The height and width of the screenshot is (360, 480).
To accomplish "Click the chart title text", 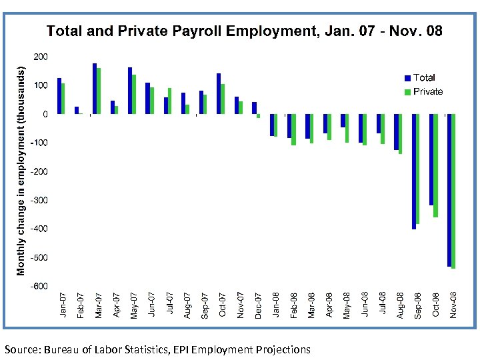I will [244, 31].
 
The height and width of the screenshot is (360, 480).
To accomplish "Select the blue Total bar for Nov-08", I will [450, 190].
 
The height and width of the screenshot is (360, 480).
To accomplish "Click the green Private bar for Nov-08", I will [454, 191].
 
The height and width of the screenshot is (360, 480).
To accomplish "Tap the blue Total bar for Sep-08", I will [414, 171].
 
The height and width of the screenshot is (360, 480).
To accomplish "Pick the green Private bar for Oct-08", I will [436, 165].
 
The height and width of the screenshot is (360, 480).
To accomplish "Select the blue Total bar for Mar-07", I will [95, 89].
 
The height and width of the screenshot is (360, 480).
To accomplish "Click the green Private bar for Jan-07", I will [63, 99].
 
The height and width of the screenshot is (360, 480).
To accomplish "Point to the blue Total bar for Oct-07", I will [219, 94].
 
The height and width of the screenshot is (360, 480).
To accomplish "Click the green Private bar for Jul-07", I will [169, 101].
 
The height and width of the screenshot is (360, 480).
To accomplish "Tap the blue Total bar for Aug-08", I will [396, 132].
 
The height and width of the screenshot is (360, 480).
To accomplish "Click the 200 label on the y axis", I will [41, 57].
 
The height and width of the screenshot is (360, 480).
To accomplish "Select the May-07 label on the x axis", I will [133, 305].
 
